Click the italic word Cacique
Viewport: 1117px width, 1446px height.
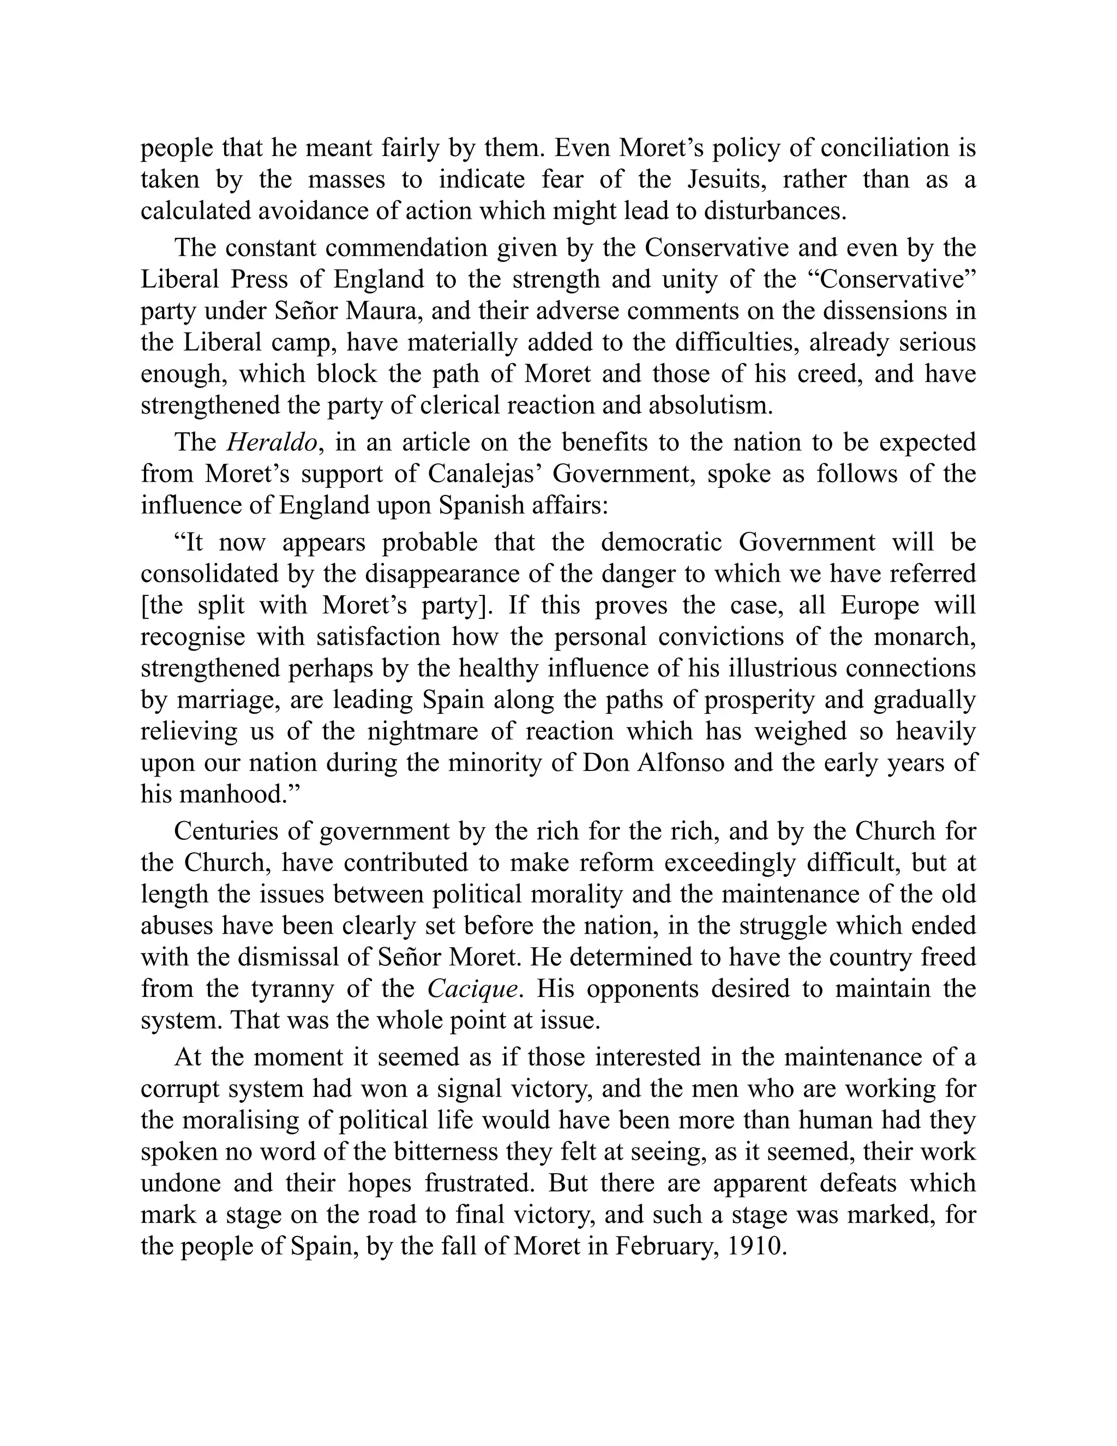point(472,989)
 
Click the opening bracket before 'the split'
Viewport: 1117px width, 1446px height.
point(143,606)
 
